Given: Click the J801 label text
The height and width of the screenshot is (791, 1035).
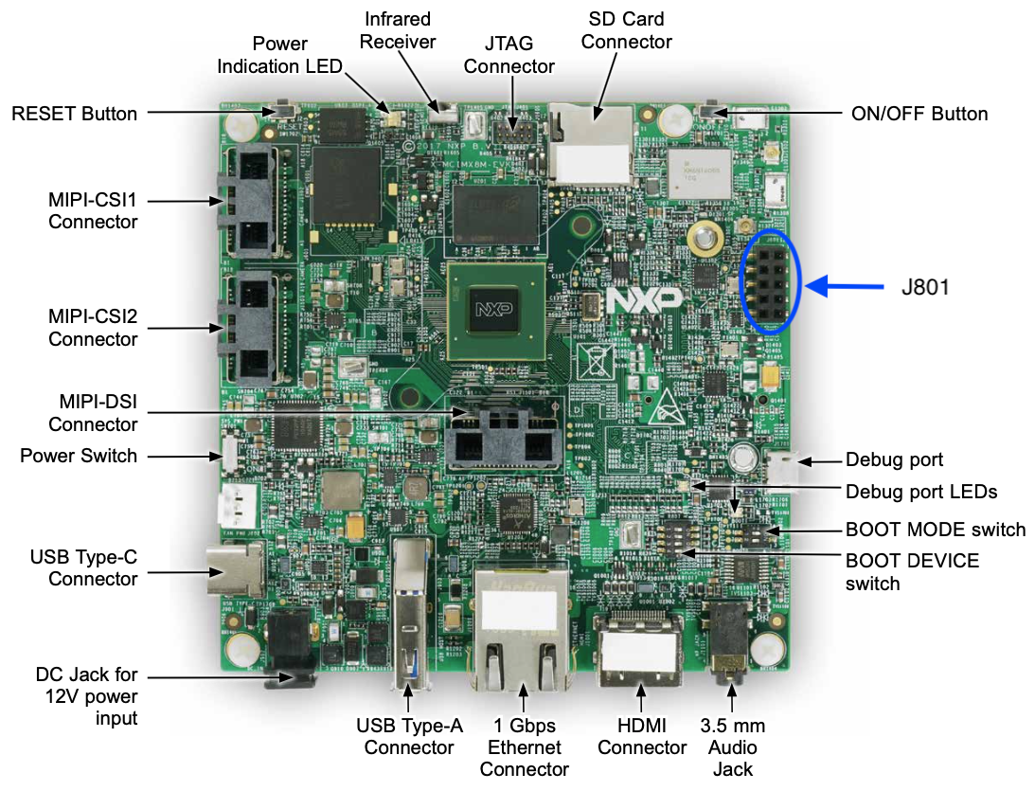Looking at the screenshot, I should [x=924, y=285].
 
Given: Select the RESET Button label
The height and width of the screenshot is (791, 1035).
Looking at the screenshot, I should [x=74, y=114].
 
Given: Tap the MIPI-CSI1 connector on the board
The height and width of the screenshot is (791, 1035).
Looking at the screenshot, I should [x=250, y=201].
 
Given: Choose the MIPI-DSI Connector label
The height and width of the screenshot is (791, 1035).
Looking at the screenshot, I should [x=94, y=414].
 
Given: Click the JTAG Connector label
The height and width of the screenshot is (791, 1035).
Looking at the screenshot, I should [x=509, y=55].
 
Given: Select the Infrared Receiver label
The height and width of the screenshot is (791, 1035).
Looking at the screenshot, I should [x=397, y=30].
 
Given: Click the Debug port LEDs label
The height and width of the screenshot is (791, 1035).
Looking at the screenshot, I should [x=921, y=492].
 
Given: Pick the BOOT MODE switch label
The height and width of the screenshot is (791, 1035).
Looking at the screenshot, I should [x=936, y=529].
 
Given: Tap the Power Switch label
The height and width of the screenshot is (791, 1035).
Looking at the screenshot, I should [x=79, y=456].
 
